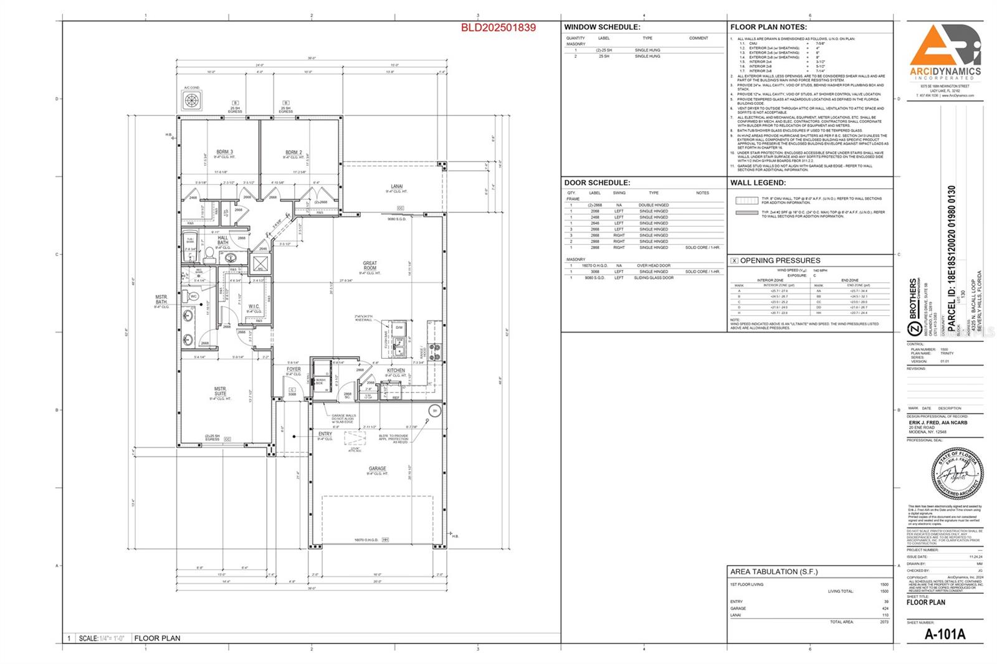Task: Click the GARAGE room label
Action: click(x=377, y=468)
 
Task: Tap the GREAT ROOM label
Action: click(x=370, y=266)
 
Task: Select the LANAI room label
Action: click(x=397, y=186)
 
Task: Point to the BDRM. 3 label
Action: click(x=225, y=152)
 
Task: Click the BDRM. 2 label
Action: click(x=293, y=152)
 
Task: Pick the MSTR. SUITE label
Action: click(x=221, y=391)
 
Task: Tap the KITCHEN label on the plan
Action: click(x=396, y=371)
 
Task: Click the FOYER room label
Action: click(x=293, y=369)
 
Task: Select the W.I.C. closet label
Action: click(x=254, y=306)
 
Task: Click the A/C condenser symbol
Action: click(x=192, y=100)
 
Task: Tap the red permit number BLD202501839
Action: click(x=498, y=28)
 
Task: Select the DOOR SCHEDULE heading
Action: click(x=597, y=183)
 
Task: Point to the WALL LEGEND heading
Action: click(x=758, y=183)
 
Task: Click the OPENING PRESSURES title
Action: click(x=780, y=260)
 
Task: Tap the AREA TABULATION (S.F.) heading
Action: click(x=773, y=571)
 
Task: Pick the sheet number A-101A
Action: click(x=945, y=635)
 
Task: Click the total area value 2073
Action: click(x=883, y=622)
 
